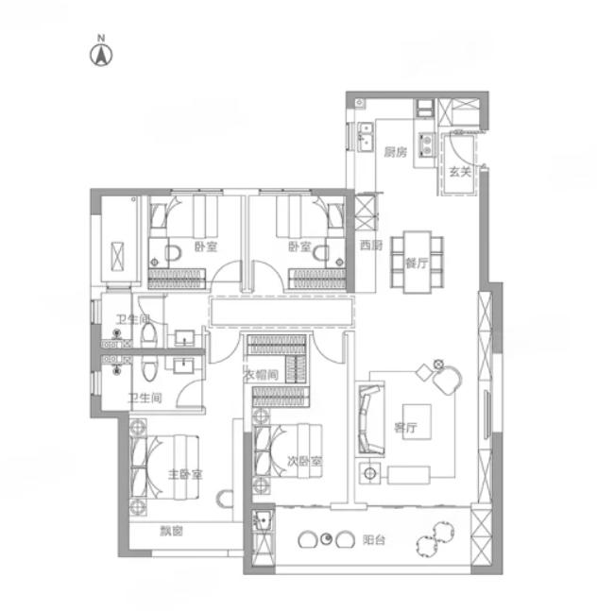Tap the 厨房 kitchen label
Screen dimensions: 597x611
pos(395,152)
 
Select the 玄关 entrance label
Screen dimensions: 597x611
pos(460,172)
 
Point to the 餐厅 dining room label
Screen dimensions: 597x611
pos(417,263)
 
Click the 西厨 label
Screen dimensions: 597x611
pos(371,246)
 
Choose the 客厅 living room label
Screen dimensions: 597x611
pos(405,428)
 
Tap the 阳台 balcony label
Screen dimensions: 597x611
pos(374,540)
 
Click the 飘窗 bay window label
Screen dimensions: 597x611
pos(172,531)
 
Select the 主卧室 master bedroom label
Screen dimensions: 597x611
pos(185,475)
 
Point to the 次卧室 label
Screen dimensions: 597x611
pos(305,462)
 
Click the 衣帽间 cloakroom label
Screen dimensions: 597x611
pos(261,375)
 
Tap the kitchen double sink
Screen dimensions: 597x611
pos(366,136)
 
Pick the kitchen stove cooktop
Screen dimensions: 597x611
pos(427,144)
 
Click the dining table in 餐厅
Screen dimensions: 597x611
pos(418,262)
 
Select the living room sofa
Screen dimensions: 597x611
pos(370,419)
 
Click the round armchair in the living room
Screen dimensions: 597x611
pos(448,380)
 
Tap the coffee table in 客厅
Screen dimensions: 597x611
pos(417,421)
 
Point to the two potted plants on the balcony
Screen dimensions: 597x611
pos(435,539)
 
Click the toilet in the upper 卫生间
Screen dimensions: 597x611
pos(148,335)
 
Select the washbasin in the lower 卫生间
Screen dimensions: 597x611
pos(184,365)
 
